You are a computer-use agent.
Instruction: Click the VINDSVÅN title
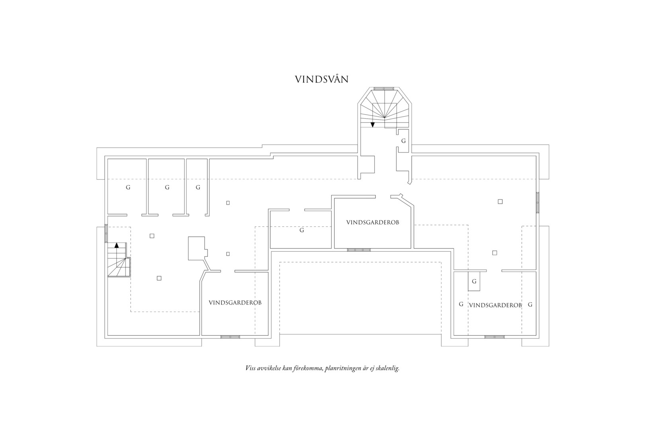point(322,79)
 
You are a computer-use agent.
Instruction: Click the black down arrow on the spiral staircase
point(373,124)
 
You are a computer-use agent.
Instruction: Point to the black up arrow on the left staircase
point(116,245)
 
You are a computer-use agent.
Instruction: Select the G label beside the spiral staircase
point(403,141)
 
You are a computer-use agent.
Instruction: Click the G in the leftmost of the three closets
point(128,188)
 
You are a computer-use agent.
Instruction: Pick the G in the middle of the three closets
point(167,188)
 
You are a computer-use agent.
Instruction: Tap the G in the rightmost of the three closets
point(198,188)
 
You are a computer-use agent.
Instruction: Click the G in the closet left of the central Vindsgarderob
point(301,231)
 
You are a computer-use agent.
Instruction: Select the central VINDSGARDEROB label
point(373,223)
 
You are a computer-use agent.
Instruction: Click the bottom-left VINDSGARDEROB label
point(235,303)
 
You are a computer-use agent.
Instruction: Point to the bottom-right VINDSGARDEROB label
point(495,305)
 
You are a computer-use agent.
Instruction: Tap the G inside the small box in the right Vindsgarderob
point(474,281)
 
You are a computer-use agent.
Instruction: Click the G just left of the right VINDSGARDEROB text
point(461,304)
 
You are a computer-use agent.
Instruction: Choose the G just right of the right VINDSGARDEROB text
point(530,305)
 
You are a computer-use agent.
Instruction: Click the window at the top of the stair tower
point(383,88)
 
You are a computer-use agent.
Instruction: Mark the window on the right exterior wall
point(537,203)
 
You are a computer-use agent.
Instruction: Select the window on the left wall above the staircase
point(106,233)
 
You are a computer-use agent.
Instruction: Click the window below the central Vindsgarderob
point(359,250)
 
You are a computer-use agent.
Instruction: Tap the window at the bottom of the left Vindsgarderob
point(230,337)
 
